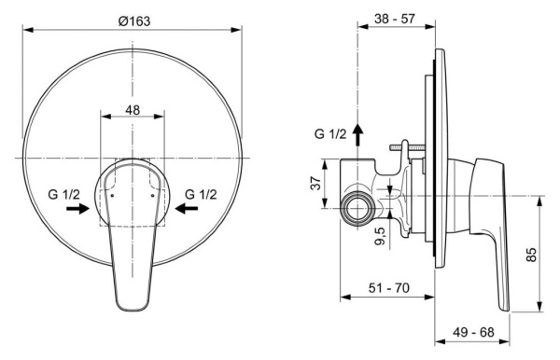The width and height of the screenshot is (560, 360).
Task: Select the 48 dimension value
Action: pos(133,108)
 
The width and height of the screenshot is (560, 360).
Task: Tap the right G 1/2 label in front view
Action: pos(202,193)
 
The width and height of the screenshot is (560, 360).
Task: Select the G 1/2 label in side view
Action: pos(330,134)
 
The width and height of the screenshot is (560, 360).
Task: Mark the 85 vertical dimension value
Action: pos(532,254)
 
